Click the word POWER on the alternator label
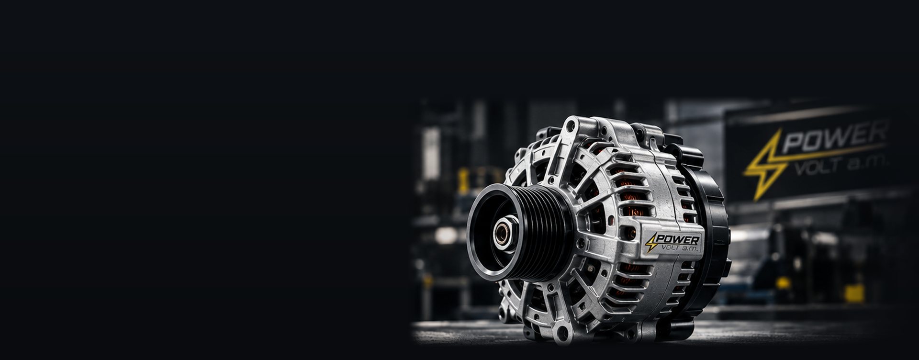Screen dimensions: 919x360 point(679,239)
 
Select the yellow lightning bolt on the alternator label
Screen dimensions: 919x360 point(651,242)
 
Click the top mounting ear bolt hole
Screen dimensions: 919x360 point(570,127)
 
